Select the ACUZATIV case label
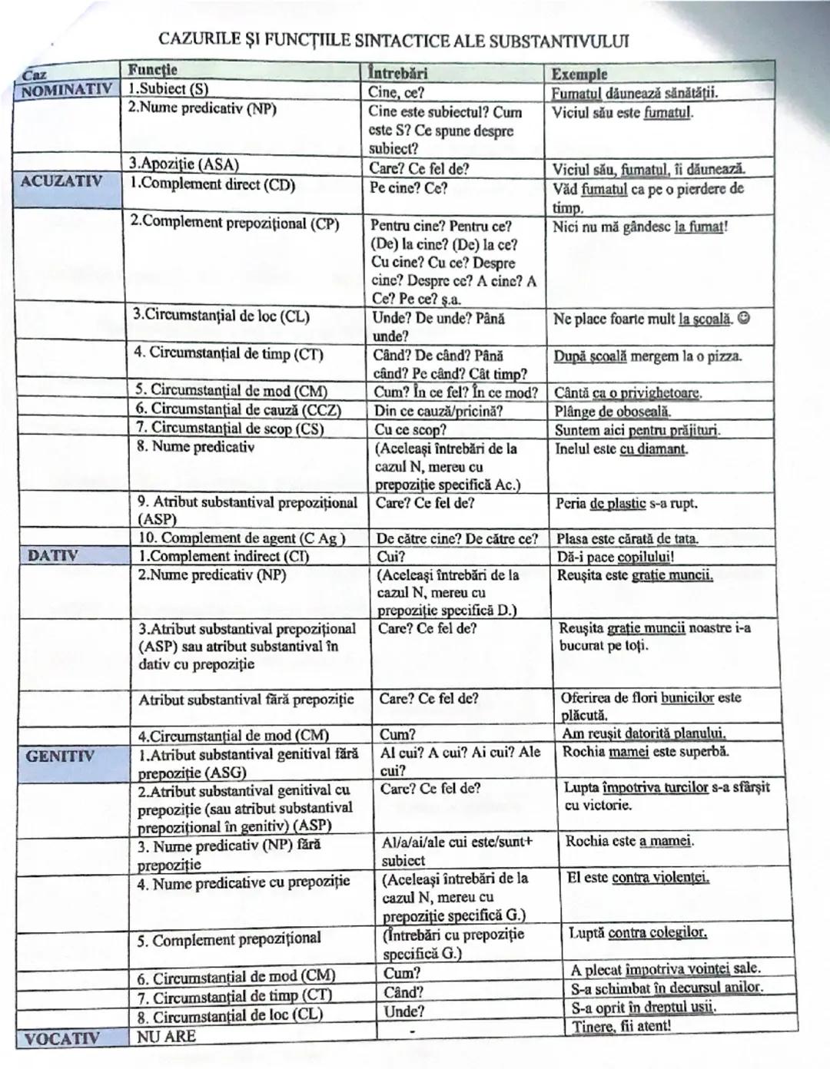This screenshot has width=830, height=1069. pos(61,181)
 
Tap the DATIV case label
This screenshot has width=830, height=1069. pos(53,555)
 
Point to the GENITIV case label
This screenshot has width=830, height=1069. pos(60,756)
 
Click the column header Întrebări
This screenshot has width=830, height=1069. pos(397,73)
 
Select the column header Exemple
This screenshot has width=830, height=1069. pos(579,74)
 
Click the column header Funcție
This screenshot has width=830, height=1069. pos(152,70)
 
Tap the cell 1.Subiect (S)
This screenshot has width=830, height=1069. pos(168,89)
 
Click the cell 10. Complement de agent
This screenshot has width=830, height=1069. pos(241,538)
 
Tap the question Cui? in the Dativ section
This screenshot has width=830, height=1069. pos(391,556)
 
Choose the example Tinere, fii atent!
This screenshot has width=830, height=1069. pos(622,1026)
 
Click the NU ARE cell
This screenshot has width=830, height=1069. pos(166,1036)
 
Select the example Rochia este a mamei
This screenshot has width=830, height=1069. pos(629,841)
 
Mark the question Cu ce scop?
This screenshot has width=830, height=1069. pos(410,430)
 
